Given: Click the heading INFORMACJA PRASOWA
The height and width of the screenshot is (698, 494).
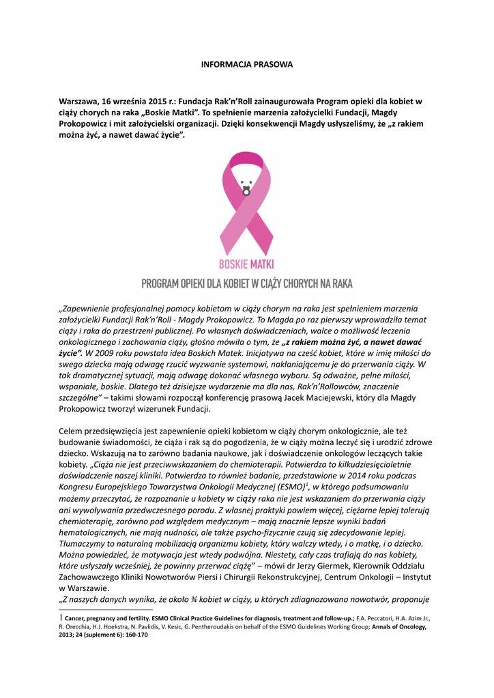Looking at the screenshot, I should tap(246, 64).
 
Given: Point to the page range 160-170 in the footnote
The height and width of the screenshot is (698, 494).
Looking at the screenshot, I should tap(132, 634).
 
